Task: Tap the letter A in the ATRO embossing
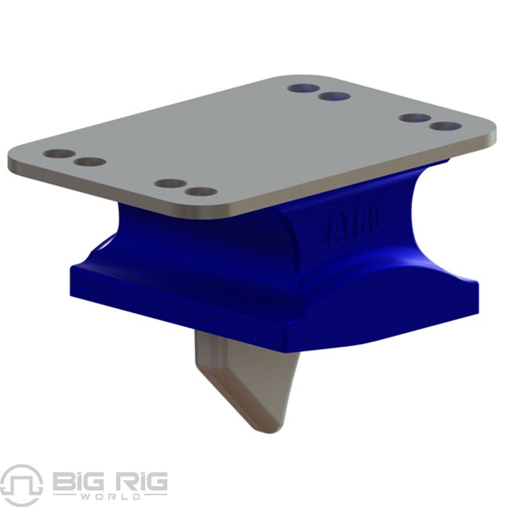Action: pyautogui.click(x=335, y=230)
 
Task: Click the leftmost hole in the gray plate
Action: pyautogui.click(x=59, y=154)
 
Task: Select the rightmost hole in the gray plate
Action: pyautogui.click(x=445, y=126)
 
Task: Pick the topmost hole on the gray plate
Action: pyautogui.click(x=303, y=88)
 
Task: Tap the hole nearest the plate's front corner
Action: pyautogui.click(x=201, y=192)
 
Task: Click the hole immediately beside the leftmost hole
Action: pyautogui.click(x=90, y=162)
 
